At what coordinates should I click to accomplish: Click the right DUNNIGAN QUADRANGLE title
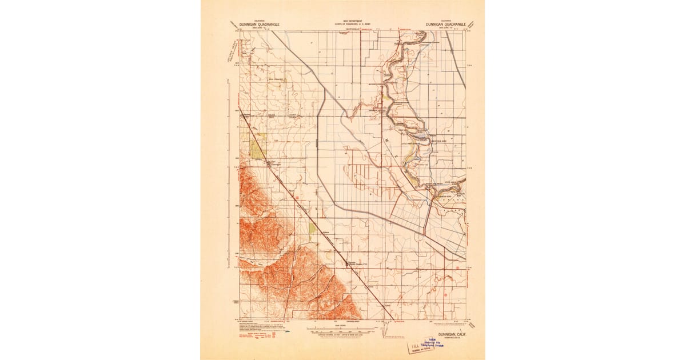[446, 25]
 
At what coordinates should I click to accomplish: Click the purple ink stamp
[426, 346]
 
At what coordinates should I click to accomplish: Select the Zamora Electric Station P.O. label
[359, 264]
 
